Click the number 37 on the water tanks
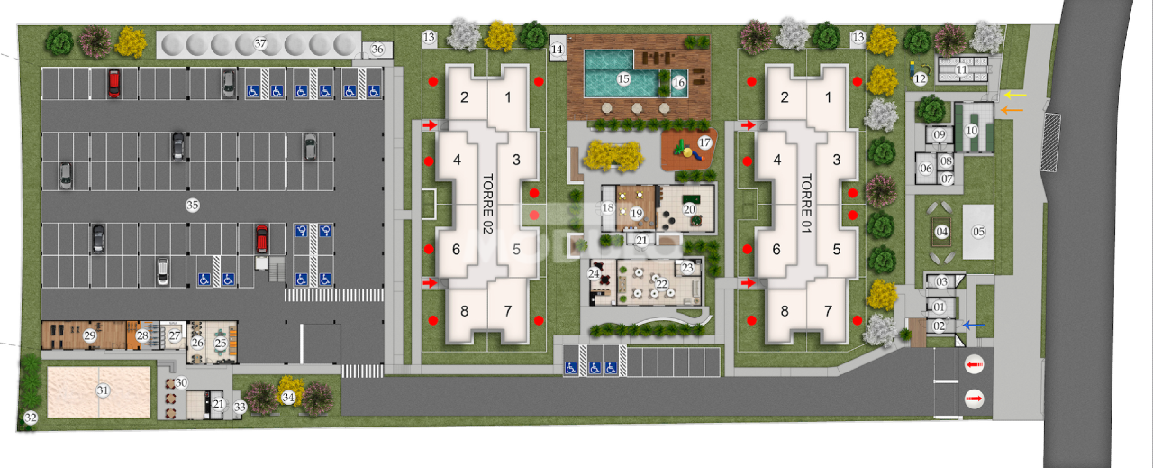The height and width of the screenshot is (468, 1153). (x=260, y=43)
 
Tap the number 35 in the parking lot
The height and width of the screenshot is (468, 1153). (x=192, y=205)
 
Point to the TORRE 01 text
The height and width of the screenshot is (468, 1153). (x=806, y=204)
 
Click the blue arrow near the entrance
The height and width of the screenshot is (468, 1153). (x=975, y=326)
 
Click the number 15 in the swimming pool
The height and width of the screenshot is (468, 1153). (x=622, y=79)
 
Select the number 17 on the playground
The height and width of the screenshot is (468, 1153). (x=704, y=142)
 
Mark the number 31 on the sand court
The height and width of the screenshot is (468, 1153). (x=103, y=390)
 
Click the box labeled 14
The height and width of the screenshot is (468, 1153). (x=557, y=49)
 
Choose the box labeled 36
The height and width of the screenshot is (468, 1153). (x=377, y=50)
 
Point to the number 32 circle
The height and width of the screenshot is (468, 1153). (x=30, y=418)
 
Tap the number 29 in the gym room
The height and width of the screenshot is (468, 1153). (x=89, y=335)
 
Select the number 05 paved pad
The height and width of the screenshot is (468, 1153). (x=979, y=232)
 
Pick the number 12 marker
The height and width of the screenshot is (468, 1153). (x=920, y=78)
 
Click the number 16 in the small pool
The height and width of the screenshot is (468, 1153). (x=679, y=82)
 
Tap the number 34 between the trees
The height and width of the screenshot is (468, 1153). (x=288, y=396)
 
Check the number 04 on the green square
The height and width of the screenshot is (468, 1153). (x=942, y=232)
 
